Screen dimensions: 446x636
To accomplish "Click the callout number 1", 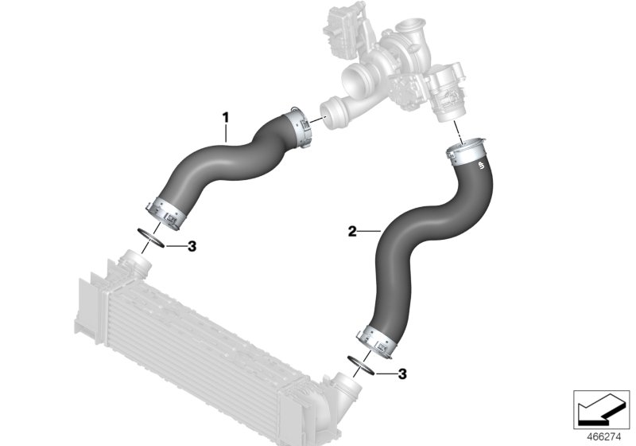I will pyautogui.click(x=225, y=117).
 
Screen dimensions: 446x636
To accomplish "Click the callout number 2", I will pyautogui.click(x=351, y=232).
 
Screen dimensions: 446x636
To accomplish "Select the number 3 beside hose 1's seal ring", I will pyautogui.click(x=192, y=246).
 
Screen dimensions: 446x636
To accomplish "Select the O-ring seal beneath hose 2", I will pyautogui.click(x=359, y=364).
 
